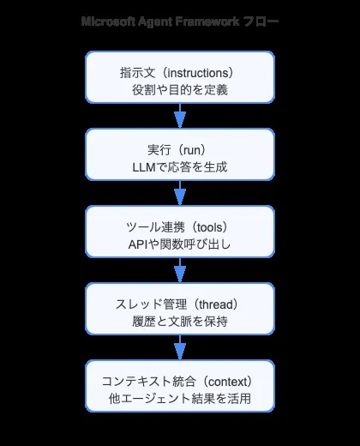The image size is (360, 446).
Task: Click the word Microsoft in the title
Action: pos(108,21)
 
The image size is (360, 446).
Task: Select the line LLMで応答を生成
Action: pos(180,164)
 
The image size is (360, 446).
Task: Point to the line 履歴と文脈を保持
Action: pos(180,321)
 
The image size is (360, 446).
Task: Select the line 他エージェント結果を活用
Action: pos(180,399)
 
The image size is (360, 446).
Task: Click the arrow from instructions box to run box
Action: pos(180,115)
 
